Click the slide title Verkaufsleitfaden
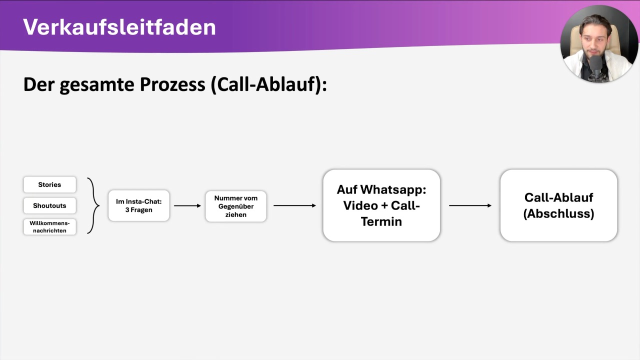point(119,27)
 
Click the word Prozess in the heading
point(172,84)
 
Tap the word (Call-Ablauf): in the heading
point(268,84)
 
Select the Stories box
point(49,184)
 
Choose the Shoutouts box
point(49,205)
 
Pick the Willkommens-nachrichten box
point(49,226)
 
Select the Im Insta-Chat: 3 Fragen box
point(139,205)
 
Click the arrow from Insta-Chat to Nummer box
point(187,205)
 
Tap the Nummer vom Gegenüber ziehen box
point(236,206)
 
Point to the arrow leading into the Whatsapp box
point(294,205)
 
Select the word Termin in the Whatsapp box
point(381,221)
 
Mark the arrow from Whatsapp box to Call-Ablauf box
point(470,205)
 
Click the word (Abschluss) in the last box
point(558,213)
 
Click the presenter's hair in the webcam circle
point(596,22)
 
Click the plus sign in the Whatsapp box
point(383,206)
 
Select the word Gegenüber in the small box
point(236,206)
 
